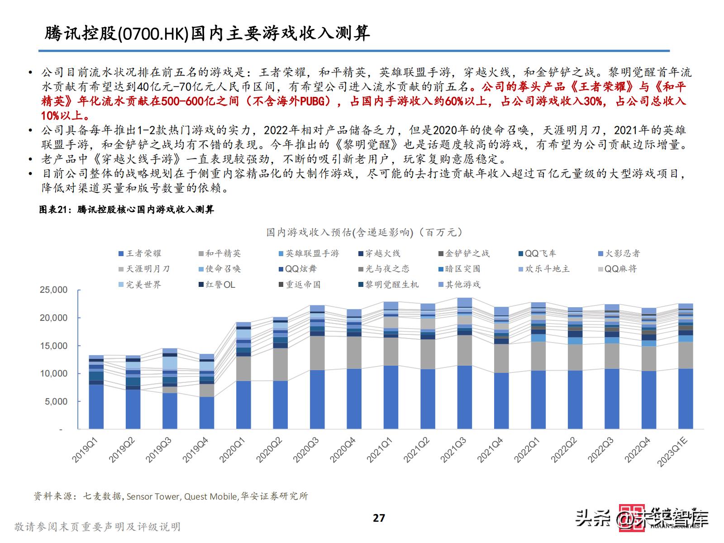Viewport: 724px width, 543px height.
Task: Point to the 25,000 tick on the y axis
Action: point(53,290)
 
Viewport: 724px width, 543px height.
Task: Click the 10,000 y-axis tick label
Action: point(53,373)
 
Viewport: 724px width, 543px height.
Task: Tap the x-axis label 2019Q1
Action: point(85,449)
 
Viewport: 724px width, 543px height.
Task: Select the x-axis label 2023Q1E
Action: point(672,451)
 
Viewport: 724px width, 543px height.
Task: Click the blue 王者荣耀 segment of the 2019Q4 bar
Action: point(207,413)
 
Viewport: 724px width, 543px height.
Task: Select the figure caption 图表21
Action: point(53,210)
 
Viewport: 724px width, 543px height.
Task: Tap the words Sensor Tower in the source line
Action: point(153,496)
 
